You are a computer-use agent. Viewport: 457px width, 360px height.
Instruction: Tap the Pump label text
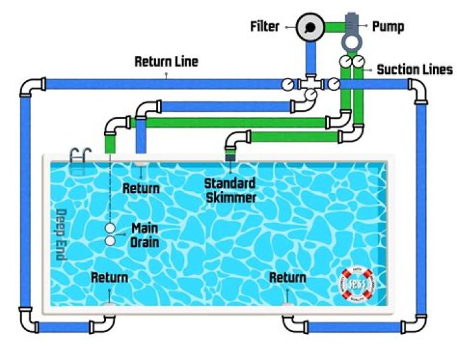(x=388, y=27)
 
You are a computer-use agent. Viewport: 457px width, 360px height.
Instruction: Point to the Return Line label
(x=166, y=62)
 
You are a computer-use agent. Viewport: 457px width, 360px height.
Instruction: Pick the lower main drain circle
(x=110, y=241)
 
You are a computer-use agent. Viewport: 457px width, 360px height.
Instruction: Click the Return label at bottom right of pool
(x=288, y=277)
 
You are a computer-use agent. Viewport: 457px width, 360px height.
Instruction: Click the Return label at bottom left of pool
(x=109, y=277)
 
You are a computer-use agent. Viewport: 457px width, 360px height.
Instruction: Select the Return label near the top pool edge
(x=140, y=189)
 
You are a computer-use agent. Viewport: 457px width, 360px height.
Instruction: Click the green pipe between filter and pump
(x=334, y=27)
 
